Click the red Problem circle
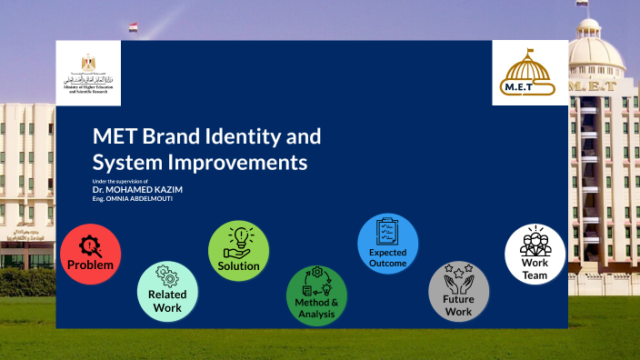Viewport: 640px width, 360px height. [x=90, y=254]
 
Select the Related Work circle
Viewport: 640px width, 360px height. [x=167, y=291]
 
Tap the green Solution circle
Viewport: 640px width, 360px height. [x=238, y=251]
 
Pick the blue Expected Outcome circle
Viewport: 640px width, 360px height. [x=387, y=244]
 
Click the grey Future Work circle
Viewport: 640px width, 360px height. [x=458, y=292]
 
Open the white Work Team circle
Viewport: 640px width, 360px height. [x=535, y=255]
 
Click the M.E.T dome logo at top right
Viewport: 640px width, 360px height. [x=530, y=72]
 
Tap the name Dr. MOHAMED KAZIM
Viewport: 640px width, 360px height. [x=137, y=189]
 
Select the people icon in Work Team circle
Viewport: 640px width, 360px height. [x=535, y=243]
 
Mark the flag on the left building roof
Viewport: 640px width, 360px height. [x=134, y=27]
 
